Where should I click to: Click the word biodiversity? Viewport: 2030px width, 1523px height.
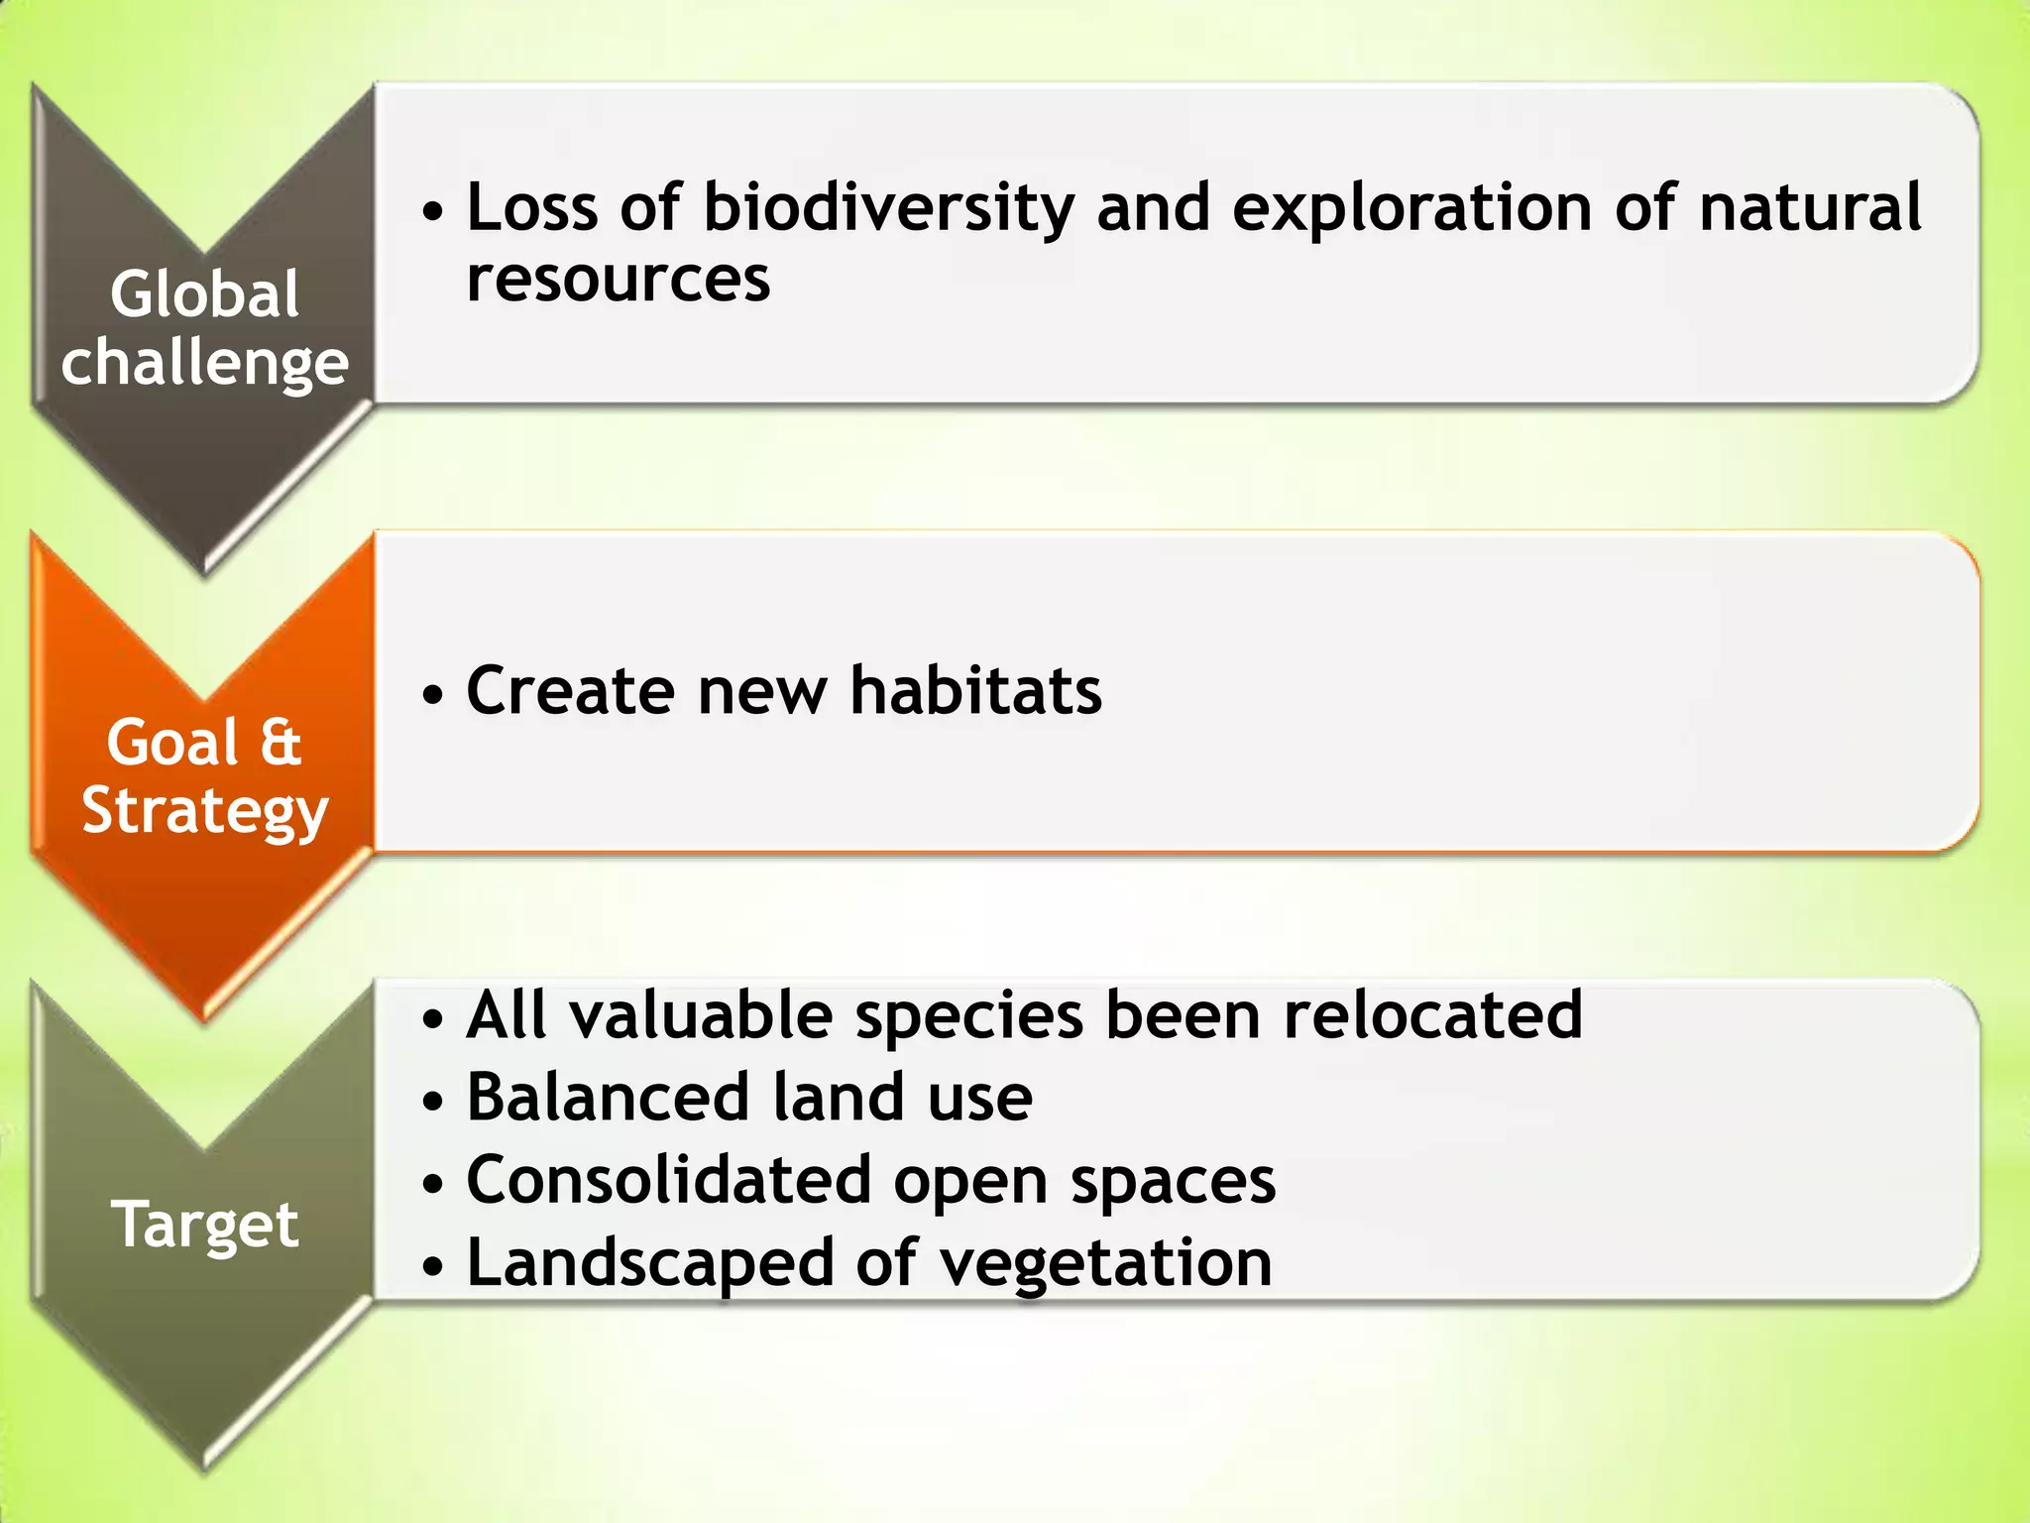tap(888, 210)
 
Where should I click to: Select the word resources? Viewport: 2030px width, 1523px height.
tap(618, 280)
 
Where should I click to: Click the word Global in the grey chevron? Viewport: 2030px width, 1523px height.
tap(204, 294)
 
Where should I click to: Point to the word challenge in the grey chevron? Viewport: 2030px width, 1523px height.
tap(204, 363)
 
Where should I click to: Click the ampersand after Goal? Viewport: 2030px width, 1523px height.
tap(281, 743)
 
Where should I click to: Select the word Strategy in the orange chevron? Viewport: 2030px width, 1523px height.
tap(204, 811)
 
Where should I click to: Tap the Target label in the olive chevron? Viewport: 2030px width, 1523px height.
tap(204, 1226)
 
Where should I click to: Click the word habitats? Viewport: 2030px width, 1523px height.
tap(975, 691)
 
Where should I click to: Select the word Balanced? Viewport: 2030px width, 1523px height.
tap(607, 1098)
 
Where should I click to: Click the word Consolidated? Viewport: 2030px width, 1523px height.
tap(669, 1180)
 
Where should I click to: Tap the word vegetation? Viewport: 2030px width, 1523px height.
tap(1105, 1263)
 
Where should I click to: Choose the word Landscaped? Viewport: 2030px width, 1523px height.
tap(650, 1263)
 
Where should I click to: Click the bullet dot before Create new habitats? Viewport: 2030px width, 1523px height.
tap(432, 695)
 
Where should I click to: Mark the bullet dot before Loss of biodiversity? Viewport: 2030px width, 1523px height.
tap(432, 213)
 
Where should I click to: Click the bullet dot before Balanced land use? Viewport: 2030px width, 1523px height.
tap(432, 1102)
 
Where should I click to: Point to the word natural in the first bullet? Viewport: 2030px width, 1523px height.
tap(1810, 210)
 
